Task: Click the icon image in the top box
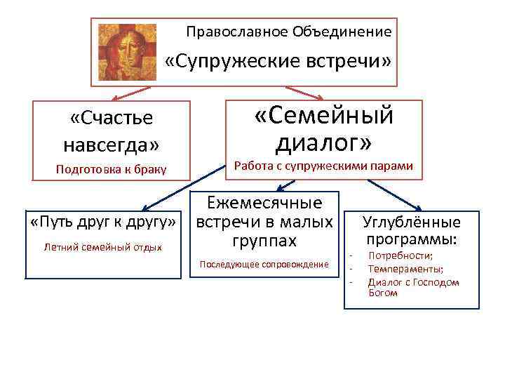coord(127,53)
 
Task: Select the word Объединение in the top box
coord(342,32)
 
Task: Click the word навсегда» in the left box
coord(112,145)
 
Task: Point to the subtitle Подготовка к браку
coord(111,170)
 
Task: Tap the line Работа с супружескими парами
coord(323,166)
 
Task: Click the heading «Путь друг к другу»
coord(102,222)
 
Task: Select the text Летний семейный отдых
coord(102,247)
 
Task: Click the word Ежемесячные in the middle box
coord(264,204)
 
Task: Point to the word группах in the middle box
coord(264,241)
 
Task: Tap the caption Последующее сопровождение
coord(264,264)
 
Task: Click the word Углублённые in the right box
coord(412,222)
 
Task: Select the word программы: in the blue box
coord(412,239)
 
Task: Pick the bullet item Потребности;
coord(400,256)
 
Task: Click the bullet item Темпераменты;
coord(405,269)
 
